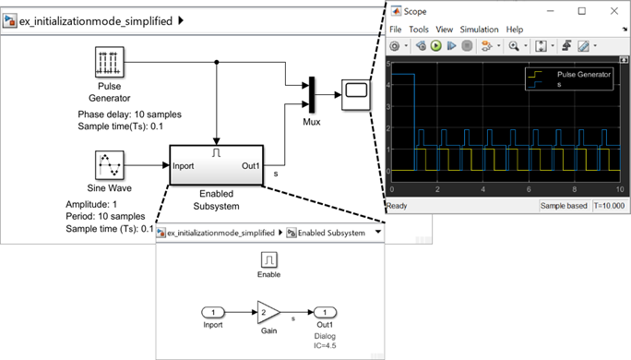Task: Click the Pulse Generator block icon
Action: point(110,62)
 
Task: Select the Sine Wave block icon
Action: point(110,165)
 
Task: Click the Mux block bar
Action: point(312,95)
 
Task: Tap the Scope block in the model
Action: point(356,95)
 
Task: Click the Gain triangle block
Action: point(268,312)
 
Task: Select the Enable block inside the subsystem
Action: point(268,259)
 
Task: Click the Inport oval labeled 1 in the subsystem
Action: point(213,312)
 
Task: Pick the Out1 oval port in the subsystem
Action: point(325,312)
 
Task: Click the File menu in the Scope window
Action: point(395,30)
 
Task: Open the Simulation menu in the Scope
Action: point(479,30)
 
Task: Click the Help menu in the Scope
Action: point(514,30)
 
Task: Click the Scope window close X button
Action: point(614,11)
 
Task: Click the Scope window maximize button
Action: point(582,11)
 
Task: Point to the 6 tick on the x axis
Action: point(529,189)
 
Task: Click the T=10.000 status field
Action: point(609,206)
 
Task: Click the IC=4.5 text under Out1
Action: point(325,345)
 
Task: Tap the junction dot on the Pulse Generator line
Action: point(217,62)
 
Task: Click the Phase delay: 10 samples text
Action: point(129,114)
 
